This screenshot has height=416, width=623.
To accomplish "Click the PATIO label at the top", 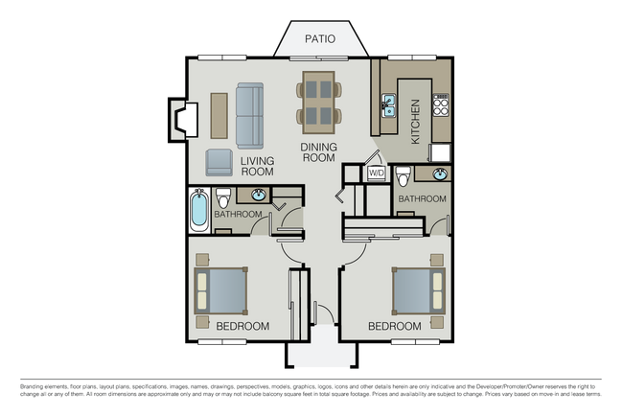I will [x=319, y=39].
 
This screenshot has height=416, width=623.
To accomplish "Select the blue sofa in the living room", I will [x=250, y=114].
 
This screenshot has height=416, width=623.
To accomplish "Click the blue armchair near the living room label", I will [x=219, y=163].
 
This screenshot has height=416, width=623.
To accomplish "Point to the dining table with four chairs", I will [x=318, y=103].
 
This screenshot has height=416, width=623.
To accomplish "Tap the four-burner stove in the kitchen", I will [x=441, y=105].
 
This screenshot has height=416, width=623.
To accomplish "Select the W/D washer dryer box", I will [x=377, y=173].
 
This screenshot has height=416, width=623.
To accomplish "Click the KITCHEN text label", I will [x=415, y=122].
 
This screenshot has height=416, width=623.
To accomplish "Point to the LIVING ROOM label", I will [x=257, y=167].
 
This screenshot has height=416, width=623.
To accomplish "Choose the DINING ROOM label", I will [x=318, y=152].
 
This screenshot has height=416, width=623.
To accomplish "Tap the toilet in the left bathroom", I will [x=223, y=200].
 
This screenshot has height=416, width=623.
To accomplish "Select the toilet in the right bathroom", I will [x=404, y=177].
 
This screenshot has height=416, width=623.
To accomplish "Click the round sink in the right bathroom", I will [x=439, y=174].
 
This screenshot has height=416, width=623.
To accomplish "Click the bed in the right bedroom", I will [x=418, y=290].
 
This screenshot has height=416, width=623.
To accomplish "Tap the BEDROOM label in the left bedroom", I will [x=242, y=327].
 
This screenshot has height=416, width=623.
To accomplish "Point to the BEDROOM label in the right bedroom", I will [x=395, y=327].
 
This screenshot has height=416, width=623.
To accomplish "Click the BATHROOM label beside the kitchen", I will [x=423, y=199].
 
